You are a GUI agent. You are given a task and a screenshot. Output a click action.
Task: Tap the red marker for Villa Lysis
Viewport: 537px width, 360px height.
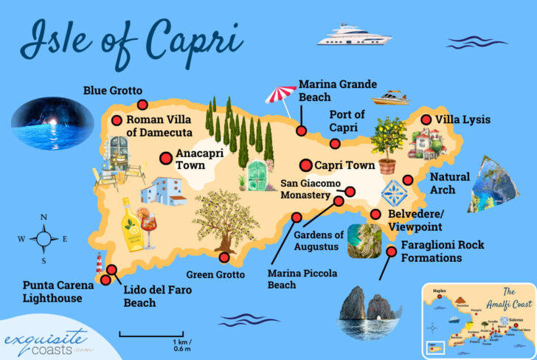pos(426,120)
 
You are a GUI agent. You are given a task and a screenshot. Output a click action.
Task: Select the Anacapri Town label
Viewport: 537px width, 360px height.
pos(190,160)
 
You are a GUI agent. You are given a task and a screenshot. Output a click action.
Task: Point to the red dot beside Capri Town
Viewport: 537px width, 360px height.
pos(305,165)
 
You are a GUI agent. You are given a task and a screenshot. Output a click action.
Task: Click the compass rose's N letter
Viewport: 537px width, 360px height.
pos(44,217)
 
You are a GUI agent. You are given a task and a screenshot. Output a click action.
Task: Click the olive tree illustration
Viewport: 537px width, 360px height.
pos(226,218)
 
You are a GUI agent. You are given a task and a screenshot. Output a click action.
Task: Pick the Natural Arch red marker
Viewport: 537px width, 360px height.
pos(406,180)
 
